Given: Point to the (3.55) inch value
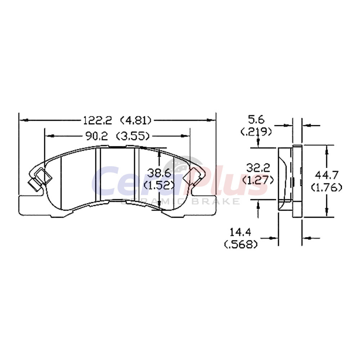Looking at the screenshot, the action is pyautogui.click(x=133, y=136).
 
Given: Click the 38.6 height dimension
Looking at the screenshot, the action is pyautogui.click(x=159, y=173).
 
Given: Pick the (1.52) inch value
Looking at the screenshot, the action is pyautogui.click(x=159, y=185).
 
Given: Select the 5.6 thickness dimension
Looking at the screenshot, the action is pyautogui.click(x=256, y=120).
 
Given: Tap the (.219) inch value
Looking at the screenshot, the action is pyautogui.click(x=256, y=131).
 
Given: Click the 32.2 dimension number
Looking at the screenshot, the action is pyautogui.click(x=258, y=168).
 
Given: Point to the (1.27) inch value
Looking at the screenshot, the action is pyautogui.click(x=258, y=180).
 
